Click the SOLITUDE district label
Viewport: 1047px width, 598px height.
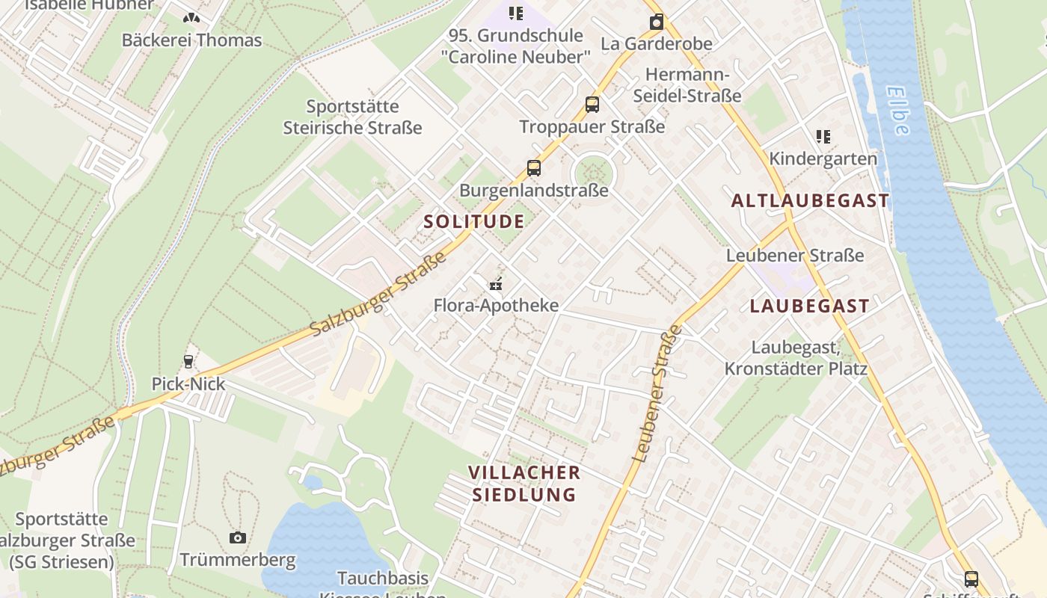pyautogui.click(x=474, y=221)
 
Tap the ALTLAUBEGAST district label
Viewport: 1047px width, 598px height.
pyautogui.click(x=810, y=200)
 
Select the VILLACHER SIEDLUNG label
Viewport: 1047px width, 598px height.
pyautogui.click(x=524, y=484)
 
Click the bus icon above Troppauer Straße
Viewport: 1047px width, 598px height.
pyautogui.click(x=592, y=104)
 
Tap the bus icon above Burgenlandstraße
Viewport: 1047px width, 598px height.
pyautogui.click(x=533, y=167)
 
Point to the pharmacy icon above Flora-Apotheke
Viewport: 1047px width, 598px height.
pyautogui.click(x=495, y=283)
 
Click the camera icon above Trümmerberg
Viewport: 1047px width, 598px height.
pyautogui.click(x=237, y=537)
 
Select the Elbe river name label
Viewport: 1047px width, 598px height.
pyautogui.click(x=897, y=111)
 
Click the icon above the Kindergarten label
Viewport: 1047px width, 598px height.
pyautogui.click(x=823, y=136)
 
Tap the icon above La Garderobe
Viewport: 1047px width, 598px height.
pyautogui.click(x=656, y=22)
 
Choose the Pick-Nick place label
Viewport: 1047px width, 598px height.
pyautogui.click(x=188, y=384)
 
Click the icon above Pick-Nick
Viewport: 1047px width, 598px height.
pyautogui.click(x=188, y=362)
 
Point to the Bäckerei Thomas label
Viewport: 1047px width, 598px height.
pyautogui.click(x=192, y=40)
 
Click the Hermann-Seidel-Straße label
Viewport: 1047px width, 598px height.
pyautogui.click(x=687, y=85)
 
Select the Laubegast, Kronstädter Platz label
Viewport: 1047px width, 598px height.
pyautogui.click(x=796, y=358)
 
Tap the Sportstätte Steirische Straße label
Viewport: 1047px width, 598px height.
pyautogui.click(x=352, y=117)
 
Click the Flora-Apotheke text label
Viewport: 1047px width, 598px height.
pyautogui.click(x=497, y=305)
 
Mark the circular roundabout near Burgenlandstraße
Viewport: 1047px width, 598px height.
pyautogui.click(x=593, y=173)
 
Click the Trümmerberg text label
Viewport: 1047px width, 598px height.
pyautogui.click(x=238, y=560)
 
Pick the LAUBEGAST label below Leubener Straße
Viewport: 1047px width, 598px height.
pyautogui.click(x=810, y=306)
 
